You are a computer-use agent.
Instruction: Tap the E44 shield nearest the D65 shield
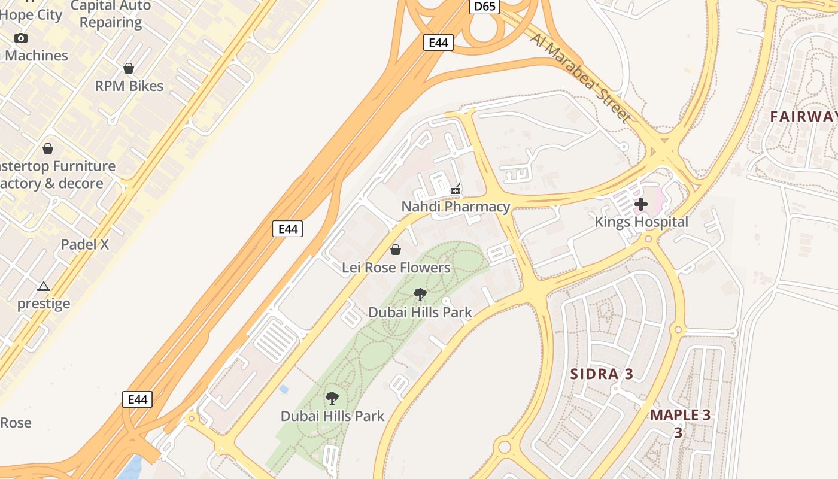tap(438, 43)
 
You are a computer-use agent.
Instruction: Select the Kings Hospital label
tap(641, 222)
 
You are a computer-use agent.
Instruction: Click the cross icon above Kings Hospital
tap(641, 204)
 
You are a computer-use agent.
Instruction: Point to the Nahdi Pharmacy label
tap(456, 207)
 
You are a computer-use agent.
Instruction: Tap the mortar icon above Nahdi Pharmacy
tap(456, 190)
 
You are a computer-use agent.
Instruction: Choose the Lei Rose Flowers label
tap(396, 268)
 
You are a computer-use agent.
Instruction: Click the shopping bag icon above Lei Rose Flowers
tap(396, 249)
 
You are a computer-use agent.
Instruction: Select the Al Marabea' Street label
tap(580, 77)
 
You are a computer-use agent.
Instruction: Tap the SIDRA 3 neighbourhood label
tap(602, 374)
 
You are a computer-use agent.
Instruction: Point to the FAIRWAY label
tap(803, 116)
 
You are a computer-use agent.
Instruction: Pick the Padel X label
tap(85, 244)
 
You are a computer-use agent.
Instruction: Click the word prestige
tap(44, 304)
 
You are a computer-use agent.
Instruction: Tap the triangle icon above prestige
tap(44, 287)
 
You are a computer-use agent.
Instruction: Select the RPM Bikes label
tap(129, 86)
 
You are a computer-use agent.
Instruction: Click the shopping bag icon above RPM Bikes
tap(129, 68)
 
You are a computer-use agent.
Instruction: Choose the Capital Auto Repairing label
tap(111, 14)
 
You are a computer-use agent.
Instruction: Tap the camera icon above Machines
tap(21, 38)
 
